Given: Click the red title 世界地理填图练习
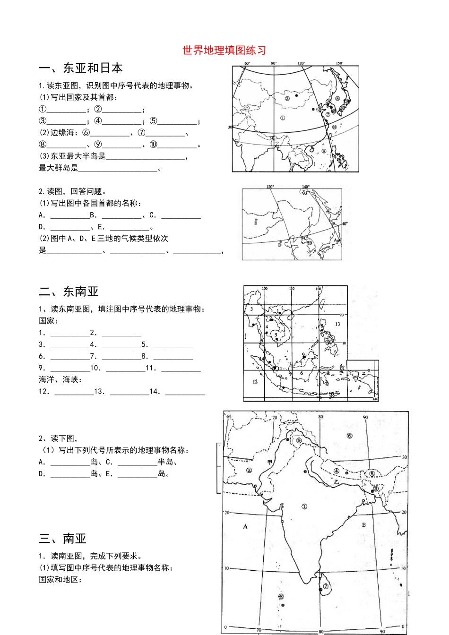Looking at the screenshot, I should pos(224,51).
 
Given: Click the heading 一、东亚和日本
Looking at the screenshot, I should pos(81,68).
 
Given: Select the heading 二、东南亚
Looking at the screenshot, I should pos(69,292).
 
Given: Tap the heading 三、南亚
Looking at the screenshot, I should pos(63,539).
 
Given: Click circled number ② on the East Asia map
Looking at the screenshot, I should pos(287,98).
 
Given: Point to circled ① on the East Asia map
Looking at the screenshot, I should pos(283,118).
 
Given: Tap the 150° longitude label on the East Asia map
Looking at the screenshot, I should pos(339,63).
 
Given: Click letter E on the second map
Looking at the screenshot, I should pos(256,223).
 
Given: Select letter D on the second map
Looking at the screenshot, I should pos(280,245).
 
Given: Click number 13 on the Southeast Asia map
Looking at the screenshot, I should pos(337,324).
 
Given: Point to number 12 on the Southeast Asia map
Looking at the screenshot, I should pos(255,381).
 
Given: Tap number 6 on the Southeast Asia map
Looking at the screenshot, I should pos(302,373).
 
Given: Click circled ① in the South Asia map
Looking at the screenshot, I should pos(304,506).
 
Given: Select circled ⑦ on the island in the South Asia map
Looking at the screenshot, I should pos(326,586).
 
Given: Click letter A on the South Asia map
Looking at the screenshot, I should pos(245,526).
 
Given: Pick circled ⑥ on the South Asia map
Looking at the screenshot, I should pos(349,436).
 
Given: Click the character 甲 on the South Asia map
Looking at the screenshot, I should pos(270,463).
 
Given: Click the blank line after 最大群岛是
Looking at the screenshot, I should pos(118,168).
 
